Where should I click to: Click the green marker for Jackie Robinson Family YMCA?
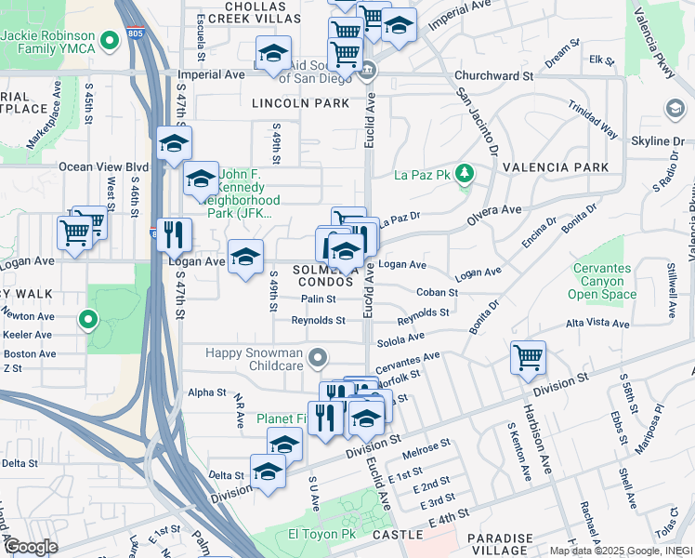pyautogui.click(x=111, y=40)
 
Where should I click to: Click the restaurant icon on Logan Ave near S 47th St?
pyautogui.click(x=174, y=236)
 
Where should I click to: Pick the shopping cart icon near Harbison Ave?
pyautogui.click(x=528, y=357)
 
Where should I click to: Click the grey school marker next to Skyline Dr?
pyautogui.click(x=673, y=110)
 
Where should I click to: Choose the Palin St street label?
pyautogui.click(x=317, y=299)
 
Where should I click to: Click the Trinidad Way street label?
pyautogui.click(x=596, y=120)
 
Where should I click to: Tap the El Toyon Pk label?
pyautogui.click(x=321, y=535)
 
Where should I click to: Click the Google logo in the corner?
pyautogui.click(x=31, y=546)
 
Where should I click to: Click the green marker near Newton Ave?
pyautogui.click(x=88, y=321)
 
